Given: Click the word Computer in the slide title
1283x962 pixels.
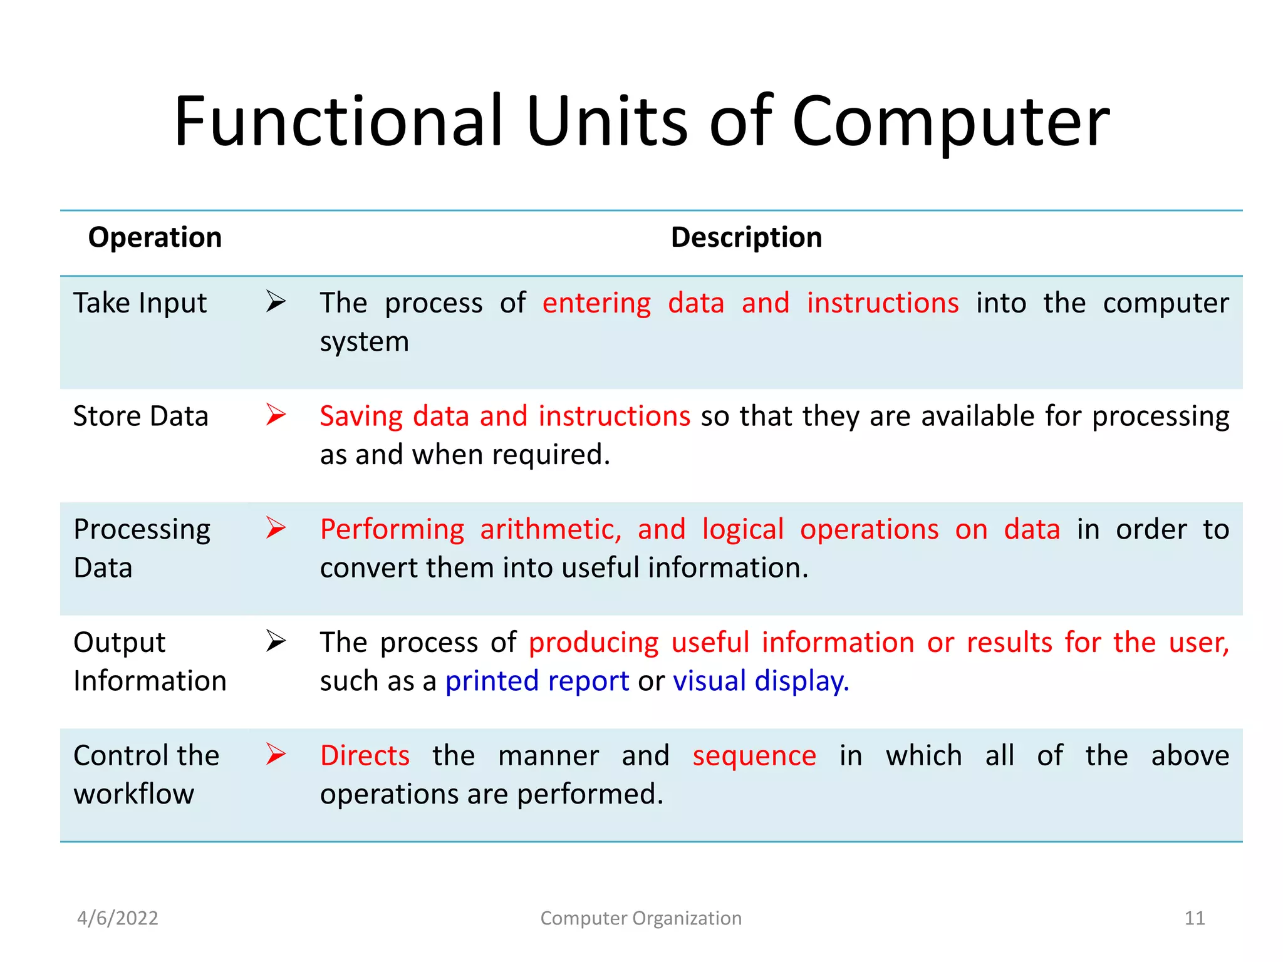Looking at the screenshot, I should click(950, 122).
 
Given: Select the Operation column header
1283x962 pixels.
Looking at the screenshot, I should click(155, 237).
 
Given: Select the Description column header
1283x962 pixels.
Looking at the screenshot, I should click(746, 237).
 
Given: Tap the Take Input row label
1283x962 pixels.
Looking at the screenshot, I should click(140, 303).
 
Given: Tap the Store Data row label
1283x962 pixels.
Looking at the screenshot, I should click(140, 416).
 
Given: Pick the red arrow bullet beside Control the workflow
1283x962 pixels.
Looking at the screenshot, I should click(276, 754).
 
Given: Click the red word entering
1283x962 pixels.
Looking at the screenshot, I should click(596, 304).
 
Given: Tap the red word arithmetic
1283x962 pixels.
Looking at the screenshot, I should click(550, 530).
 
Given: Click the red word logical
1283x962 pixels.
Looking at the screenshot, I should click(742, 530).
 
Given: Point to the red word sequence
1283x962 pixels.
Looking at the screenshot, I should click(754, 757).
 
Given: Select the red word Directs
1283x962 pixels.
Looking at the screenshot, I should click(365, 756).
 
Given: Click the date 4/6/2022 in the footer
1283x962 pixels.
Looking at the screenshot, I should click(118, 918).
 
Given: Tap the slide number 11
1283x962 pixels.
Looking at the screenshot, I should click(1195, 918).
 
